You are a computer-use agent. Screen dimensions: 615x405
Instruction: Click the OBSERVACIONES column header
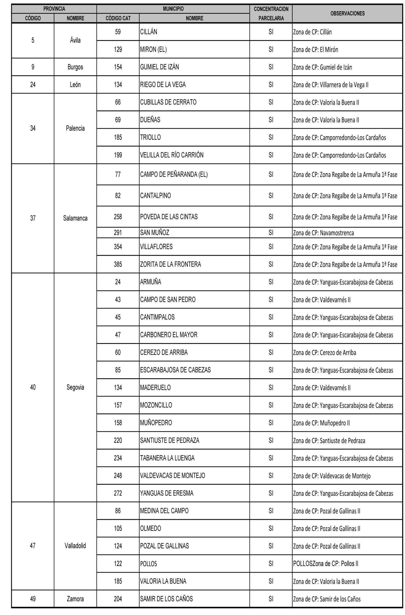tap(347, 14)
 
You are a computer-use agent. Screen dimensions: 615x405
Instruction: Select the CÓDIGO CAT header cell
tap(118, 18)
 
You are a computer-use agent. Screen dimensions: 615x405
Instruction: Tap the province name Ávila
tap(75, 40)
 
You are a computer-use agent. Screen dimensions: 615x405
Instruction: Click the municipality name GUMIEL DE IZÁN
tap(159, 67)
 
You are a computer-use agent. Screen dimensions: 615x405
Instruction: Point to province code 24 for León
tap(33, 85)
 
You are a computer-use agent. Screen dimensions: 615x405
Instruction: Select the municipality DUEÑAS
tap(150, 120)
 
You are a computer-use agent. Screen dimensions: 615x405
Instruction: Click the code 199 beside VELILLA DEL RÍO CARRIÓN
tap(118, 155)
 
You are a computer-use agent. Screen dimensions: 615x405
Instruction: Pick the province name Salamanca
tap(75, 218)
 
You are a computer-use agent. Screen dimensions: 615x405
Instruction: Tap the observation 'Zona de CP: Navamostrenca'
tap(323, 233)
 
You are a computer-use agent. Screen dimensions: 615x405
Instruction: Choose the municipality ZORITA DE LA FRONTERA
tap(170, 264)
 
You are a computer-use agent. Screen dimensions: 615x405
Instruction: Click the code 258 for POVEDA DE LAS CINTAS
tap(118, 217)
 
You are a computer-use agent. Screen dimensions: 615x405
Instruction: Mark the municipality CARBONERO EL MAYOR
tap(169, 335)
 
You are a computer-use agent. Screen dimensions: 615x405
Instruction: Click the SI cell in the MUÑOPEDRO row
tap(271, 423)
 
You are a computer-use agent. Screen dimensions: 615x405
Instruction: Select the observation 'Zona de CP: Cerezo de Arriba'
tap(324, 353)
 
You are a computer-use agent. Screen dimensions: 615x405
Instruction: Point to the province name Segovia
tap(75, 387)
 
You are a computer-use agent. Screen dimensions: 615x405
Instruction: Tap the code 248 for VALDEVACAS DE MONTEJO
tap(118, 476)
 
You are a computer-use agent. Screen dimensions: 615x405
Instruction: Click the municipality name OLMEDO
tap(150, 528)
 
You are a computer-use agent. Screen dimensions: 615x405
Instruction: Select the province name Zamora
tap(75, 599)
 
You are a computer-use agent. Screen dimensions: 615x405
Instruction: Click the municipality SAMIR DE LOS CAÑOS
tap(166, 599)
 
